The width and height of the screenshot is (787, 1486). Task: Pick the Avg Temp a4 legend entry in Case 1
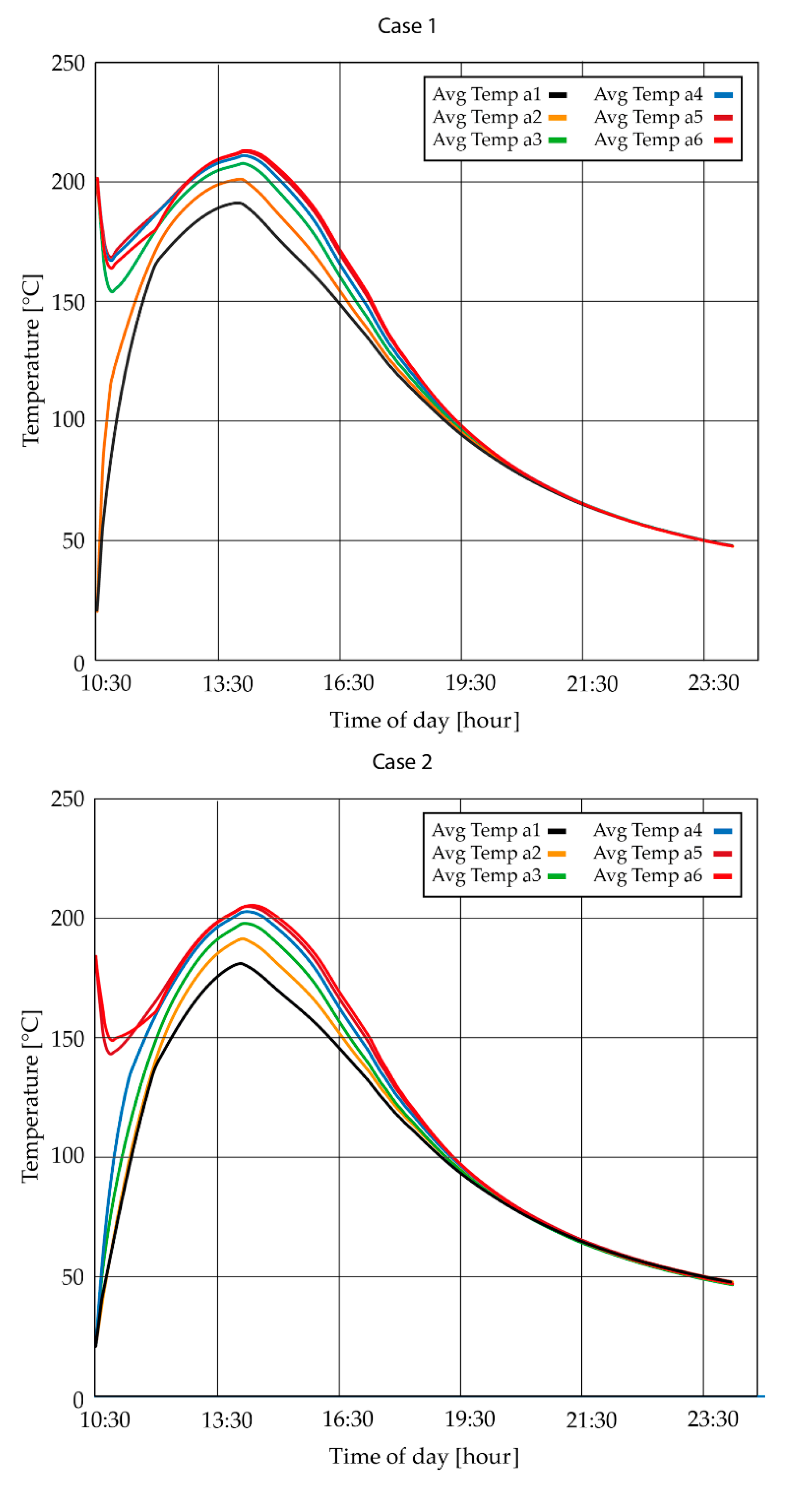coord(662,94)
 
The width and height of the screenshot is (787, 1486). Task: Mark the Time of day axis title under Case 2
coord(424,1456)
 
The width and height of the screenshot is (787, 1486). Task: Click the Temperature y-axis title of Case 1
coord(32,361)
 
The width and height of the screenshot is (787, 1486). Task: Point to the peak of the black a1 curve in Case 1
coord(238,203)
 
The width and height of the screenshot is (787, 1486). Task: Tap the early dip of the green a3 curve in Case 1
coord(112,291)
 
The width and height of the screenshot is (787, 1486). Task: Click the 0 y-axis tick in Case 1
coord(79,663)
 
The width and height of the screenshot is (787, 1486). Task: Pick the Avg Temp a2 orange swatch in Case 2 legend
coord(557,853)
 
